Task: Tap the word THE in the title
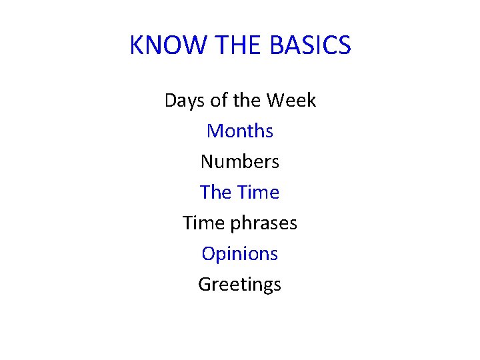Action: click(x=240, y=45)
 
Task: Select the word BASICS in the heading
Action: click(x=311, y=45)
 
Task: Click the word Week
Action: click(x=291, y=101)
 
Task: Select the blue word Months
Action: click(x=240, y=131)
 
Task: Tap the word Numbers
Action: click(x=240, y=162)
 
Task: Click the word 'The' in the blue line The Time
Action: click(x=215, y=193)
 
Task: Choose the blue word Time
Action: click(x=257, y=193)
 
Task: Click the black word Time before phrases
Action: click(x=203, y=223)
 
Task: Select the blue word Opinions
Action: click(x=240, y=254)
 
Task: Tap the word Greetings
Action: click(x=240, y=285)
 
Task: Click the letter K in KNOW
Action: click(x=137, y=45)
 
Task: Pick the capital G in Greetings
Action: click(x=205, y=285)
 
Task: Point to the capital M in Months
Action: click(x=215, y=131)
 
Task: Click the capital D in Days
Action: click(x=171, y=101)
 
